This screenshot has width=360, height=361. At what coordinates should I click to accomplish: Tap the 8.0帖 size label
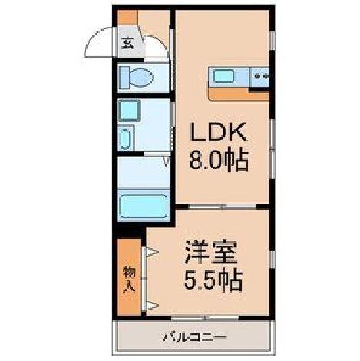[x=219, y=163]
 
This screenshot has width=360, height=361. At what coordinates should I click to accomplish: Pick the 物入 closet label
[x=128, y=278]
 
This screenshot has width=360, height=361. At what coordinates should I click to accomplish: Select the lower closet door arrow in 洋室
[x=150, y=306]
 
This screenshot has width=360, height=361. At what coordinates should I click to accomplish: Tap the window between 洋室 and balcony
[x=196, y=317]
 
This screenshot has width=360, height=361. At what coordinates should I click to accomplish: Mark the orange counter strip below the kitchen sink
[x=238, y=93]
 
